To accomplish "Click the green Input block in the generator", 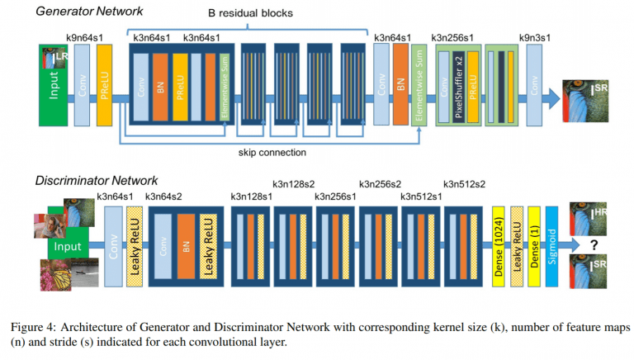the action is (54, 85).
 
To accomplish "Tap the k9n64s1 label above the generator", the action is (84, 38).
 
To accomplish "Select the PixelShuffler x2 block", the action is (458, 87).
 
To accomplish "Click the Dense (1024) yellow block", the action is (498, 247).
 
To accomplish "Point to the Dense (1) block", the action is (534, 247).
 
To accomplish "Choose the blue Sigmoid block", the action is (552, 247).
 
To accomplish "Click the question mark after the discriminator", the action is (594, 244).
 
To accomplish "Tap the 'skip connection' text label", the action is (272, 153).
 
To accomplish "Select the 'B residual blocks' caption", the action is (250, 13).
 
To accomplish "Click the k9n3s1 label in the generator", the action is (535, 38).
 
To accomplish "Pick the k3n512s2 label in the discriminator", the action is (464, 184).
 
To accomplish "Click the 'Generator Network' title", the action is (89, 11).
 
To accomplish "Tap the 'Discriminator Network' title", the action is (97, 180).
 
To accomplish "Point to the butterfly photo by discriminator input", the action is (56, 275).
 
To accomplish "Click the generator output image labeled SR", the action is (585, 101).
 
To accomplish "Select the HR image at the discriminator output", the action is (589, 219).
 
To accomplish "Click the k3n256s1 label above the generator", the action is (452, 38).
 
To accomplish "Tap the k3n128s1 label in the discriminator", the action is (252, 197).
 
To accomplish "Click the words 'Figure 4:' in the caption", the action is (34, 327).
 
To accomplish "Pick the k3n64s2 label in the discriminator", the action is (163, 197).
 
